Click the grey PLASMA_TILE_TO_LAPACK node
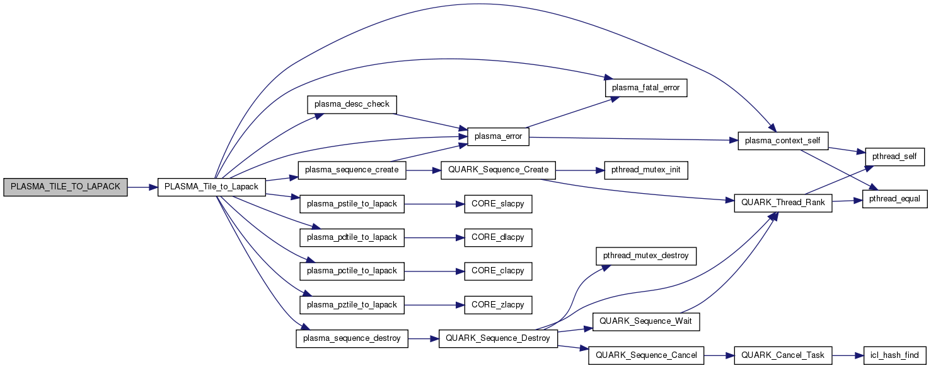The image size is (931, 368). (65, 187)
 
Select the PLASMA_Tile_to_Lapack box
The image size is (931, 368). (211, 187)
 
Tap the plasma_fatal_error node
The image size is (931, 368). (646, 87)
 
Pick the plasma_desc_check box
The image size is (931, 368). (351, 104)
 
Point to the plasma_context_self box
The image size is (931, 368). (782, 140)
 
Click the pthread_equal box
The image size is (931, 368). (894, 198)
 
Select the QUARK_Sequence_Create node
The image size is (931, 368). (499, 170)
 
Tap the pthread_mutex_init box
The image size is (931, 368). (646, 170)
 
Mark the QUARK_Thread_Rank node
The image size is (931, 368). (782, 204)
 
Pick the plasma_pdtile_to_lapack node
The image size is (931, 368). (351, 237)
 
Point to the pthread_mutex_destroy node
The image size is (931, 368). (646, 256)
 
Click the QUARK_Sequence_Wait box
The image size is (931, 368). (646, 321)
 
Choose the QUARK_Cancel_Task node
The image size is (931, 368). (782, 355)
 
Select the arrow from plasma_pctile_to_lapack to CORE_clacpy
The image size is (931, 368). (430, 271)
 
